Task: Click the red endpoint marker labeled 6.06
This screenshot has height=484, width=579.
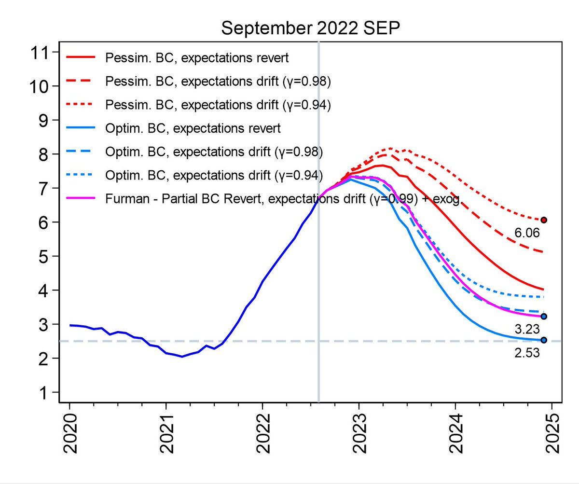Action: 544,220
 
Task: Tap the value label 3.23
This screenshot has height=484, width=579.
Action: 526,330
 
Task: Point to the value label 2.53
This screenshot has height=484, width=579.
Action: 526,353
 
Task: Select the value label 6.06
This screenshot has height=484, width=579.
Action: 526,234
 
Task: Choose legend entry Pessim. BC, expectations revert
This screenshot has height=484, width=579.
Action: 197,58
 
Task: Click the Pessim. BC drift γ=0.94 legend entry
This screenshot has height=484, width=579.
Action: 218,105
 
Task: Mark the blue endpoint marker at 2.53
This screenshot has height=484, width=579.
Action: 544,340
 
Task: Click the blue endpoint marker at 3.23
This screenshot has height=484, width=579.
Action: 544,317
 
